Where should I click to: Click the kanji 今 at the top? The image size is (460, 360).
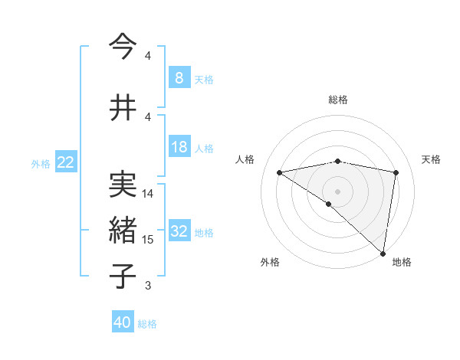(x=123, y=47)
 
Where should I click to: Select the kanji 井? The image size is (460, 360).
(x=123, y=107)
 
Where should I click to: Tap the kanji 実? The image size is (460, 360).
(x=123, y=184)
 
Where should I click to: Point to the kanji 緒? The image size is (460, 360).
(x=123, y=230)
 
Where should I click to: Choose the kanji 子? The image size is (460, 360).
(x=123, y=276)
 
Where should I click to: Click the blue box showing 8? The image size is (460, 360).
(x=179, y=78)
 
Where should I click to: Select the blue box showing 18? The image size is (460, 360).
(x=179, y=148)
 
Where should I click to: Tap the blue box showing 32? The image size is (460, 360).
(x=179, y=232)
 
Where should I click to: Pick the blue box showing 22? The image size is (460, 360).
(x=65, y=162)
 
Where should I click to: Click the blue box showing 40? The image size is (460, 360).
(x=123, y=323)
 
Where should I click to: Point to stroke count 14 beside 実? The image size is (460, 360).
(x=148, y=194)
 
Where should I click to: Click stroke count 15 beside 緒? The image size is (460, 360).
(x=148, y=240)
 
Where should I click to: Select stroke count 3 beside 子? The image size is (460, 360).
(x=148, y=286)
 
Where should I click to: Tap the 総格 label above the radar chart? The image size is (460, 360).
(x=337, y=100)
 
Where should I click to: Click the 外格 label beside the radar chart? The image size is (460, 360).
(x=270, y=263)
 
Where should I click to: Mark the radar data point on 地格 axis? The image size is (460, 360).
(x=383, y=253)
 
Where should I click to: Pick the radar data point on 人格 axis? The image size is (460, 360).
(x=279, y=172)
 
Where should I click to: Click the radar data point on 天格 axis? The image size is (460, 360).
(x=396, y=172)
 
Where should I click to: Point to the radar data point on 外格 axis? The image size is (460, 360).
(x=329, y=204)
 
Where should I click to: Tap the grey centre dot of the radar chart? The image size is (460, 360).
(x=337, y=191)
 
